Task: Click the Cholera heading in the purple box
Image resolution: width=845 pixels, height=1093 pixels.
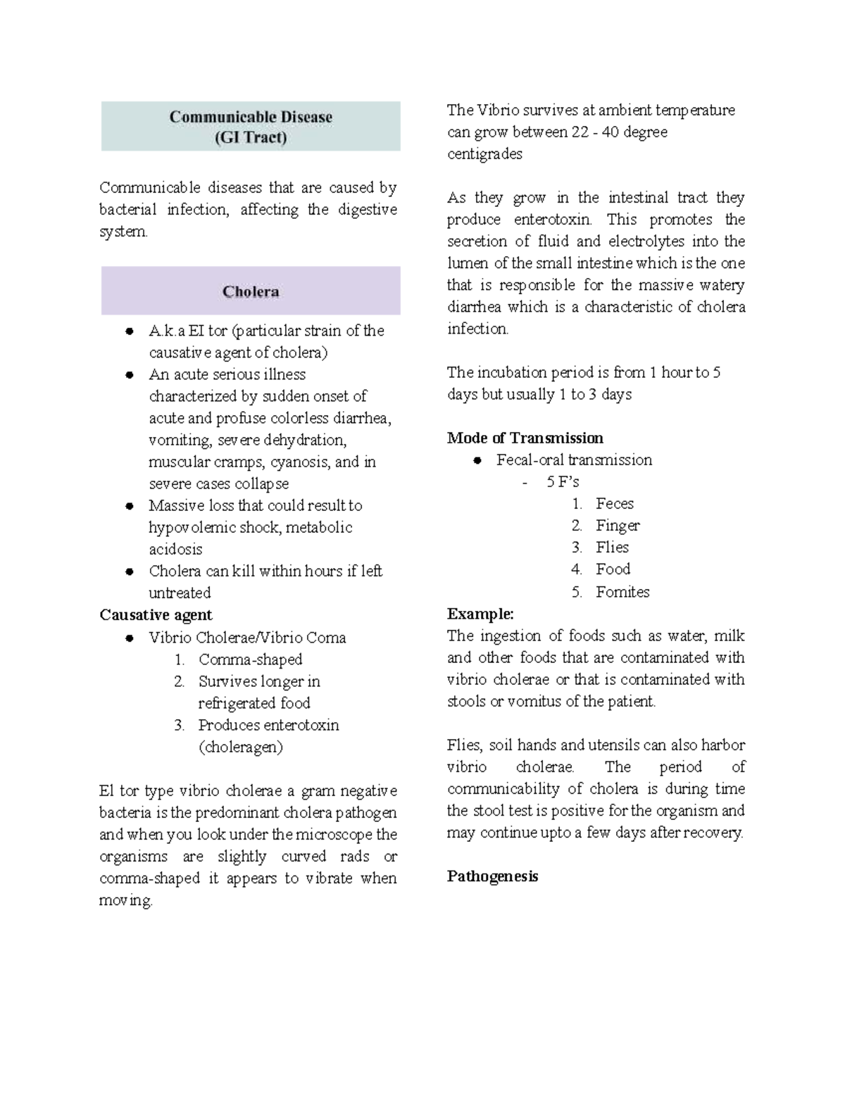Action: pyautogui.click(x=251, y=291)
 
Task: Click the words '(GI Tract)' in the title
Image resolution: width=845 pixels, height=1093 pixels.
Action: pyautogui.click(x=251, y=137)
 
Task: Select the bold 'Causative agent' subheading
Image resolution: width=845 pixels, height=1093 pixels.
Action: pyautogui.click(x=156, y=615)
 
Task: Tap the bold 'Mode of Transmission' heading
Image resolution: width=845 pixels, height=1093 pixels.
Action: pyautogui.click(x=525, y=438)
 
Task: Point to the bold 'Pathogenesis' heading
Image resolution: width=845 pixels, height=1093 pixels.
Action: pyautogui.click(x=492, y=877)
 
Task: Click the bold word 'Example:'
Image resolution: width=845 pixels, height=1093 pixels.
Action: pyautogui.click(x=480, y=614)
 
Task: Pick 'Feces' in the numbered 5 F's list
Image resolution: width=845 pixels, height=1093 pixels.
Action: pyautogui.click(x=614, y=504)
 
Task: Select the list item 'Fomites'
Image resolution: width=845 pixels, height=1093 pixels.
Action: pyautogui.click(x=622, y=592)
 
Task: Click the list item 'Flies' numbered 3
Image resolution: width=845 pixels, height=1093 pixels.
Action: pyautogui.click(x=612, y=548)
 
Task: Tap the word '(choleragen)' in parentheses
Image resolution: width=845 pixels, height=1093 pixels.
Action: pyautogui.click(x=240, y=747)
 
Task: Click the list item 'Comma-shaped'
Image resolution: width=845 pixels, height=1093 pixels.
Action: pyautogui.click(x=250, y=659)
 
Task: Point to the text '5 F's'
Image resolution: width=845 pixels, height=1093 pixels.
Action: pyautogui.click(x=562, y=482)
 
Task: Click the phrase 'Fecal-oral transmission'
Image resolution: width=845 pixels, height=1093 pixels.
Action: pyautogui.click(x=574, y=460)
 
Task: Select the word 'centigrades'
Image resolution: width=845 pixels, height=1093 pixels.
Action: pyautogui.click(x=484, y=154)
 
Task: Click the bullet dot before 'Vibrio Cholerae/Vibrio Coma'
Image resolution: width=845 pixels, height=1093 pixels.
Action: pyautogui.click(x=130, y=638)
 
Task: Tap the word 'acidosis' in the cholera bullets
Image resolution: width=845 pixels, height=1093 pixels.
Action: pyautogui.click(x=175, y=550)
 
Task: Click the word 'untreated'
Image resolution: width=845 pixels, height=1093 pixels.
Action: pyautogui.click(x=180, y=593)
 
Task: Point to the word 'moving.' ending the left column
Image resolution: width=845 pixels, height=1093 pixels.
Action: pyautogui.click(x=126, y=901)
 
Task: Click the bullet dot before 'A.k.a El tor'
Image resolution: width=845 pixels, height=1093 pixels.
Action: pyautogui.click(x=130, y=331)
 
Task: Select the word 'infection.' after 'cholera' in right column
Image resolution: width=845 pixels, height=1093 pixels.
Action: pyautogui.click(x=477, y=329)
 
